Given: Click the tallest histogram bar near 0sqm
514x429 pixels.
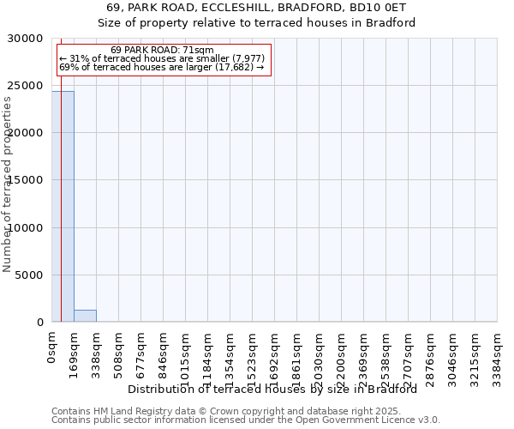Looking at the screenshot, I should [63, 206].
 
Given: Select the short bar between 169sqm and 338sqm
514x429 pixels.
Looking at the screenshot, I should [85, 316].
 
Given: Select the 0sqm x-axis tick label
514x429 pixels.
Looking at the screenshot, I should [51, 348].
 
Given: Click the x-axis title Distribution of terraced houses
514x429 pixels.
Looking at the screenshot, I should [278, 389].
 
